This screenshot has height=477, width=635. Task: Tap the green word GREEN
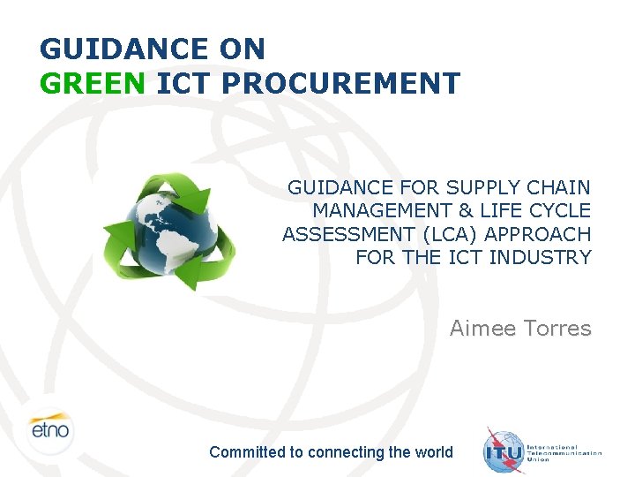pos(93,83)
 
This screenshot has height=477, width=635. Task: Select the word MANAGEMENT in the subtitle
pos(381,211)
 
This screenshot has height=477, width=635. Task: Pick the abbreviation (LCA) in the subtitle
pos(450,234)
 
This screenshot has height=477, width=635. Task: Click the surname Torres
pos(559,329)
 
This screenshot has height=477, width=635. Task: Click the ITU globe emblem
pos(504,451)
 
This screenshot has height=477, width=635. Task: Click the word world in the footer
pos(432,452)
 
